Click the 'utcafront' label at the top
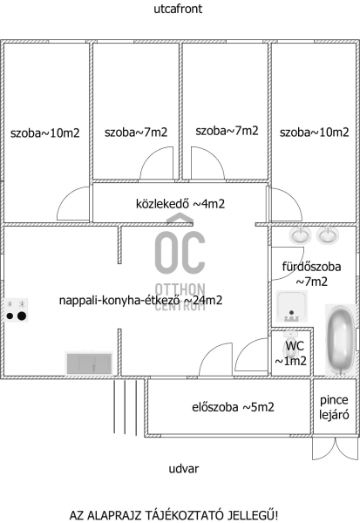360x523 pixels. pos(178,9)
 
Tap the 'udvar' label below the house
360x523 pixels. pos(184,469)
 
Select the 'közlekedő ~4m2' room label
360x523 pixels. pos(180,204)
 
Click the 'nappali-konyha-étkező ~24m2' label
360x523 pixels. pos(140,301)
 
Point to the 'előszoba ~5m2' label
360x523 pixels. pos(233,407)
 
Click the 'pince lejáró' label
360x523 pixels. pos(334,407)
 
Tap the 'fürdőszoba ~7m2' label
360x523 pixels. pos(311,275)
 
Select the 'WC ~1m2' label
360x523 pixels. pos(290,353)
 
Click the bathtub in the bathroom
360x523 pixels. pos(340,340)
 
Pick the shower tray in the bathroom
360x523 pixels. pos(291,306)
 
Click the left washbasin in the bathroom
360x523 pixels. pos(300,235)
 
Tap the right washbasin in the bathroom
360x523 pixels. pos(328,235)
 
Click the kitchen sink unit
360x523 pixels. pos(89,363)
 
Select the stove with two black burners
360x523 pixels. pos(16,309)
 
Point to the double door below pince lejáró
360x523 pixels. pos(335,448)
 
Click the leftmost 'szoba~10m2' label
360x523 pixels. pos(45,133)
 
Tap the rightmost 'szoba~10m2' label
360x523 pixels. pos(315,132)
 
